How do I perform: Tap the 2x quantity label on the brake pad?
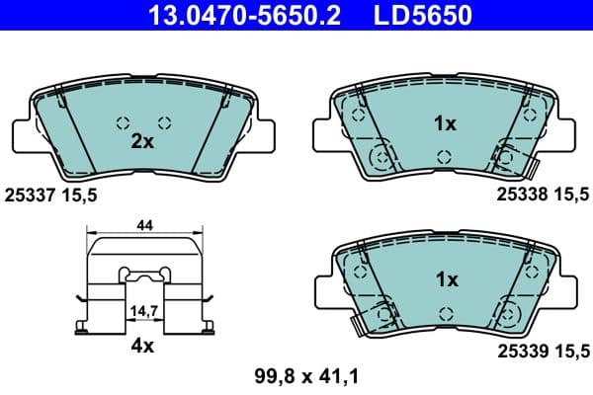coord(142,141)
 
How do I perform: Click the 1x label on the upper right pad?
coord(445,123)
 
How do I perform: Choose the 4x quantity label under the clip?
coord(142,346)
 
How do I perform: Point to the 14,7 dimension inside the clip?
coord(144,310)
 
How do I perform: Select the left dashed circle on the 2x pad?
coord(123,123)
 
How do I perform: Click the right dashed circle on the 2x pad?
coord(164,123)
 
